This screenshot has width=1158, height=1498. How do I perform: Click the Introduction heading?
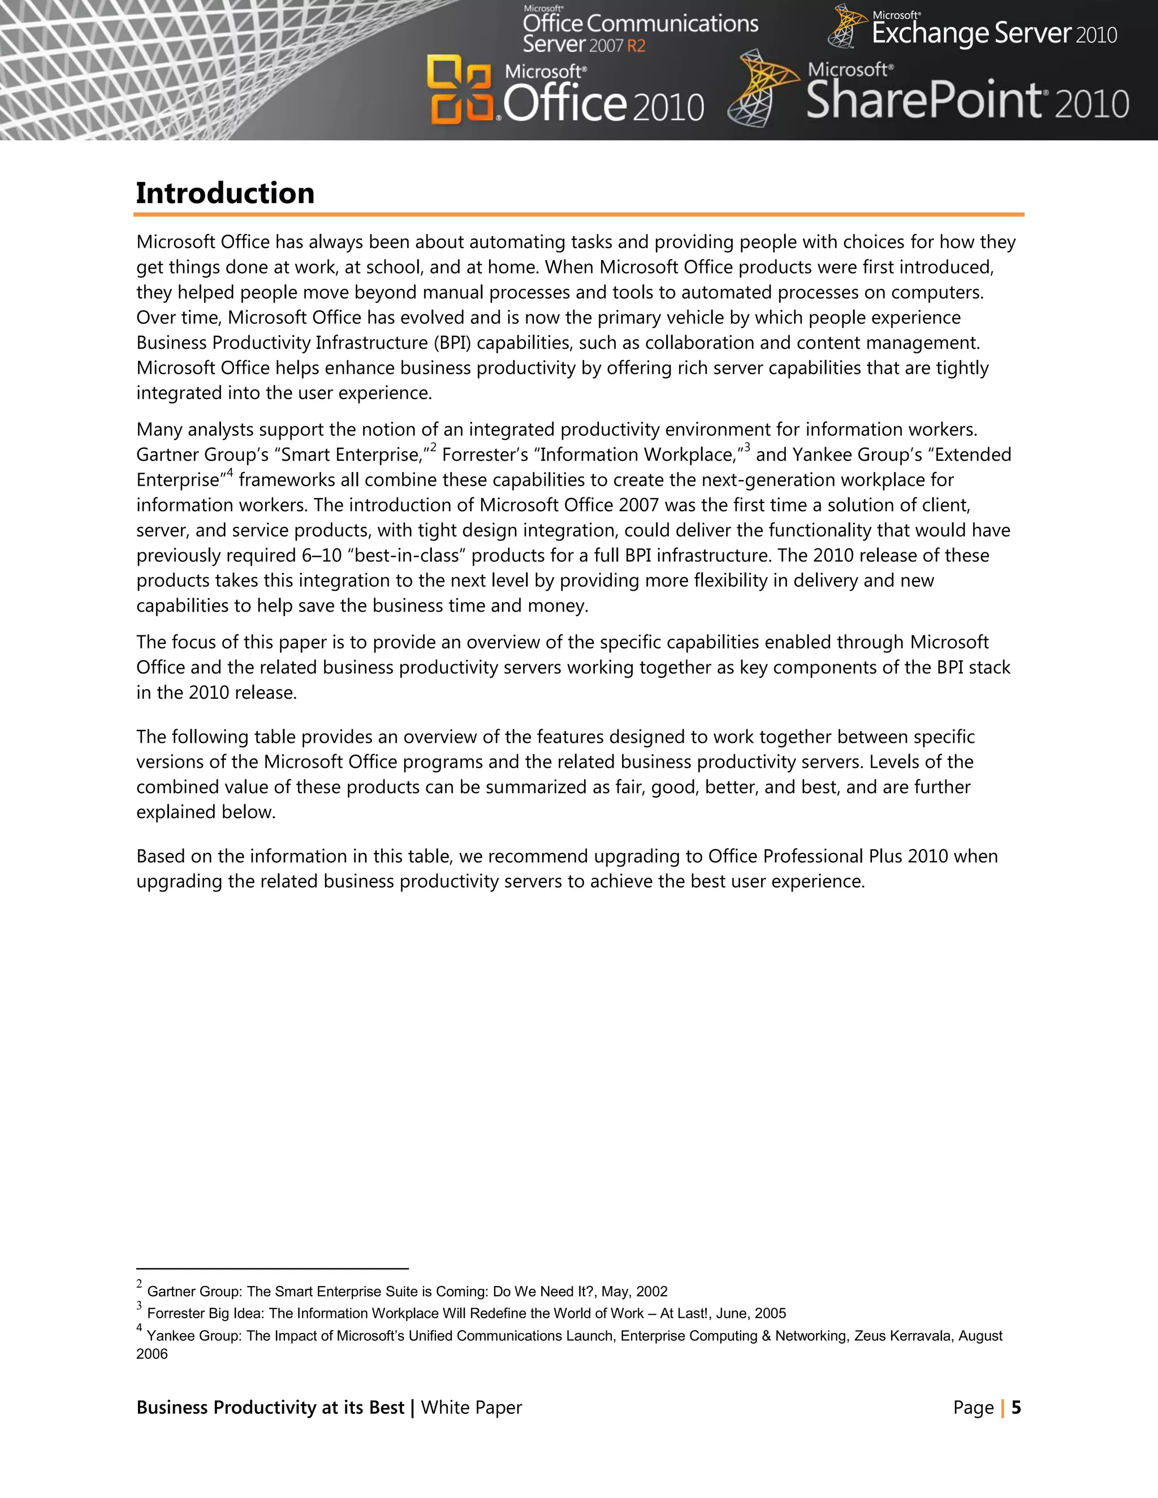tap(225, 193)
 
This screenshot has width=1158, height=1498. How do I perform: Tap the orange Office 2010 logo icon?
tap(460, 90)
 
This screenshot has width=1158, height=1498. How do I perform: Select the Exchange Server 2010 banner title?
tap(993, 33)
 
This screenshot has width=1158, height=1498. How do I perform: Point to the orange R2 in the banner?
tap(636, 46)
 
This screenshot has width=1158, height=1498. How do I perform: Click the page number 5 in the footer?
tap(1016, 1408)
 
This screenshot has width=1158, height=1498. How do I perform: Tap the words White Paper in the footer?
tap(472, 1408)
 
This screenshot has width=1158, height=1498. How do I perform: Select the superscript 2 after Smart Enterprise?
tap(434, 448)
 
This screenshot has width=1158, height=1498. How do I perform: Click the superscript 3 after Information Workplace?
tap(747, 448)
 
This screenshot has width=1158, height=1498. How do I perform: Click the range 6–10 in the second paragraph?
tap(322, 555)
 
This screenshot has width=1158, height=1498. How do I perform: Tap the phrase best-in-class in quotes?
tap(406, 555)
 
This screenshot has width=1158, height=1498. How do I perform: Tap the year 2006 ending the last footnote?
tap(152, 1354)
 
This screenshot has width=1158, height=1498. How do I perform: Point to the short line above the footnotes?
tap(273, 1269)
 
